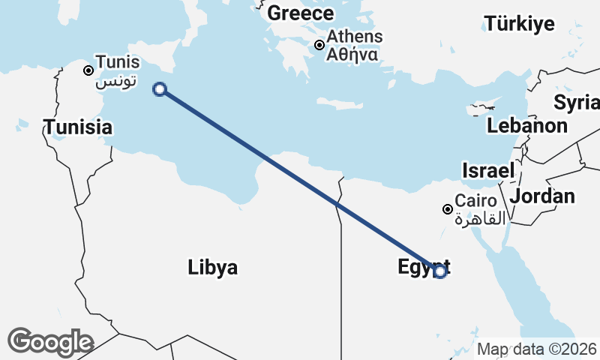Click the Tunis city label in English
[118, 63]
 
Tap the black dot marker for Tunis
[88, 70]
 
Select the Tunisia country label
[78, 127]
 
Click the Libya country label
[213, 267]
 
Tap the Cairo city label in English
[476, 201]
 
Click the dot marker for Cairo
[448, 209]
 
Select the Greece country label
[300, 13]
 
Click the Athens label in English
[355, 36]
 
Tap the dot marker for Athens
[319, 45]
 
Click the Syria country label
[576, 102]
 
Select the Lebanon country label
[526, 125]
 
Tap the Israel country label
[488, 170]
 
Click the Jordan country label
[542, 196]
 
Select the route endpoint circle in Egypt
[440, 271]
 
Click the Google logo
[49, 342]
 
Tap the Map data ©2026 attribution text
[536, 349]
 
